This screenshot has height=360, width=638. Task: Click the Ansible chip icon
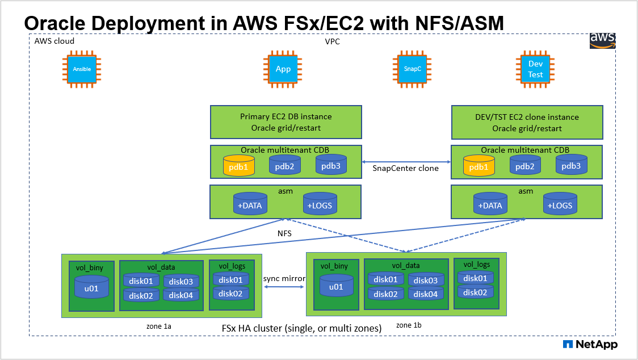pyautogui.click(x=82, y=69)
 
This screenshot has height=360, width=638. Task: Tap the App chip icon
pyautogui.click(x=283, y=69)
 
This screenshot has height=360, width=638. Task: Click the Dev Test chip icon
pyautogui.click(x=535, y=69)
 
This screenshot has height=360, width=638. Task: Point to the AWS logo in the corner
pyautogui.click(x=602, y=40)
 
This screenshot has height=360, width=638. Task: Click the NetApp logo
pyautogui.click(x=590, y=344)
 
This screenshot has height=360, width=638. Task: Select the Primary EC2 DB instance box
pyautogui.click(x=286, y=122)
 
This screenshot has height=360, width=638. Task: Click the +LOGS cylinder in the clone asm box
pyautogui.click(x=559, y=204)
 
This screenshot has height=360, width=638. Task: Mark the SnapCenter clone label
pyautogui.click(x=405, y=168)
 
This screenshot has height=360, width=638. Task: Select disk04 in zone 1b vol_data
pyautogui.click(x=425, y=294)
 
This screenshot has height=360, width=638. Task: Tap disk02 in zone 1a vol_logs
pyautogui.click(x=230, y=293)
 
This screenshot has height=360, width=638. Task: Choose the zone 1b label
pyautogui.click(x=409, y=325)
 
